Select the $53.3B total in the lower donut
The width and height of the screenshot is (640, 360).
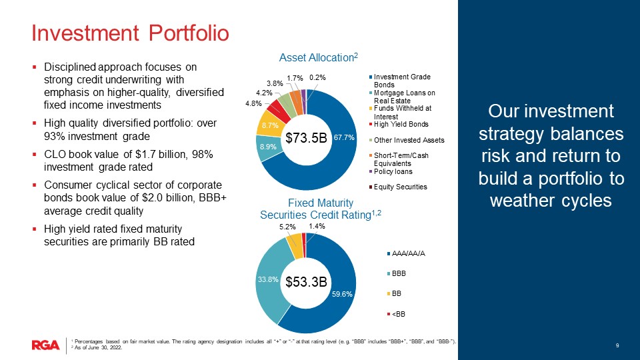[306, 282]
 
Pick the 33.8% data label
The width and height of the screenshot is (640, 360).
[267, 280]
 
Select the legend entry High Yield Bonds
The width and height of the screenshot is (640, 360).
[401, 125]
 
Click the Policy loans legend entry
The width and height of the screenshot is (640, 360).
[393, 171]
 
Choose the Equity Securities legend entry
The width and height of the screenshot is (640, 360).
[400, 187]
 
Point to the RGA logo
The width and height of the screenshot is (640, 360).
[45, 344]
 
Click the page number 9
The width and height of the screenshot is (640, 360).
[617, 344]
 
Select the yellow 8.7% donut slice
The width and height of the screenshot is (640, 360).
[272, 125]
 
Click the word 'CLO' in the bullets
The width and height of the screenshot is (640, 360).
[55, 154]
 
